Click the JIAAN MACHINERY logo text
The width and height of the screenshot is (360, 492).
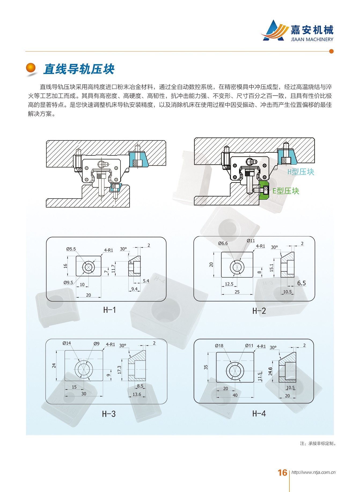coord(312,39)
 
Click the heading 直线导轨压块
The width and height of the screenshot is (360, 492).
coord(79,69)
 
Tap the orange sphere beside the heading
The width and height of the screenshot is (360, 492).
coord(31,68)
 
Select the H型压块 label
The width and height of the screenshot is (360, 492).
coord(300,172)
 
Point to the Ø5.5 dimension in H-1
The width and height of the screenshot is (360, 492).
coord(71,249)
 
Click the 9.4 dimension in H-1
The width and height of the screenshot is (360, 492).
coord(134,289)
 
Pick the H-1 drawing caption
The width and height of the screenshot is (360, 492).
coord(109,310)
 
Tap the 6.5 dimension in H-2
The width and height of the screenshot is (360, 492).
coord(301,283)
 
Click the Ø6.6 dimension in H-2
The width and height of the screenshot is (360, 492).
coord(223,243)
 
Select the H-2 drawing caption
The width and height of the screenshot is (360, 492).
coord(259,311)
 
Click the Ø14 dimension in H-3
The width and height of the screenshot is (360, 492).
coord(67,343)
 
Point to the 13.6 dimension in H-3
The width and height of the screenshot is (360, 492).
coord(137,394)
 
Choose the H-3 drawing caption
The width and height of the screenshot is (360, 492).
coord(109,414)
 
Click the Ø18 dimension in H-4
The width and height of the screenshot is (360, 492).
coord(219,346)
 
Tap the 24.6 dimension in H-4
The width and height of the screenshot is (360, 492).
coord(270,371)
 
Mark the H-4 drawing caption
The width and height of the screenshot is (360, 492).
coord(259,414)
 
